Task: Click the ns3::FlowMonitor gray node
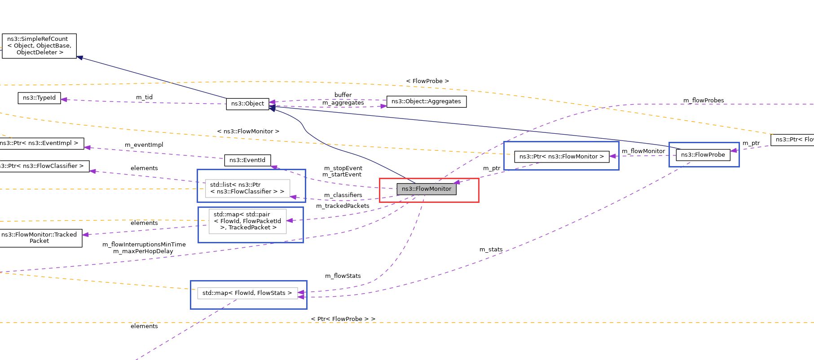pos(426,189)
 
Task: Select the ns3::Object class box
pos(247,104)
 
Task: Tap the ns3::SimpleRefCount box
pos(39,46)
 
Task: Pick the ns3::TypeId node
pos(39,98)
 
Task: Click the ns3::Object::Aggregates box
pos(426,101)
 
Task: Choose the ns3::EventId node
pos(247,160)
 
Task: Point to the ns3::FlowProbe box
pos(703,155)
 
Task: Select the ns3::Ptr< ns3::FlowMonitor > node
pos(561,157)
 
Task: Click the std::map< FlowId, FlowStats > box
pos(247,293)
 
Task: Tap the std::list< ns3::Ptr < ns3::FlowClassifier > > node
pos(247,188)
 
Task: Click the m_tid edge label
pos(144,97)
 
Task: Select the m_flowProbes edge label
pos(703,101)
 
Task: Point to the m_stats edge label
pos(491,250)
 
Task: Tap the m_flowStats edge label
pos(343,276)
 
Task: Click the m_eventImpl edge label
pos(144,145)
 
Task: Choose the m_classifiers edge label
pos(343,195)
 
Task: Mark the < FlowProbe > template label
pos(427,81)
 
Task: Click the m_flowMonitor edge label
pos(643,151)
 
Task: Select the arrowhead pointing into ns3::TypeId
pos(64,100)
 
